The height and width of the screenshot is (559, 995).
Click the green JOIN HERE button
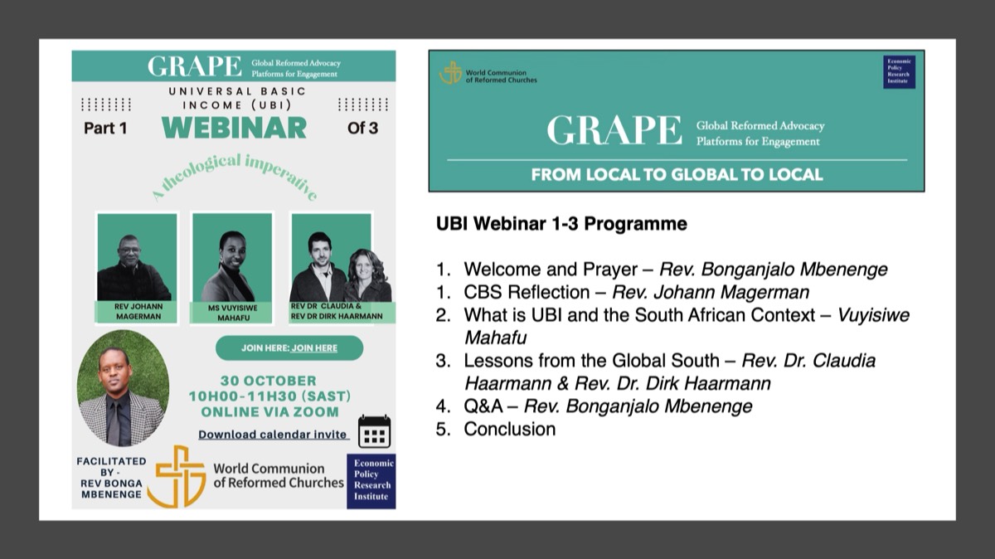tap(289, 348)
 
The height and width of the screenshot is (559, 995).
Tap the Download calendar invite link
tap(273, 434)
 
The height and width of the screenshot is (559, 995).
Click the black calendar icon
tap(375, 431)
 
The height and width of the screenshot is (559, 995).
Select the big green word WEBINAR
tap(234, 128)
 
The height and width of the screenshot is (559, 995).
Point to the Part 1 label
tap(105, 128)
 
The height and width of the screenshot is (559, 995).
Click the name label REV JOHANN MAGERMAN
tap(138, 312)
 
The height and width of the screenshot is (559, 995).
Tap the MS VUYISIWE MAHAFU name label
tap(233, 313)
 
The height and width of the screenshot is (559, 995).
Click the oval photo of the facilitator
tap(123, 388)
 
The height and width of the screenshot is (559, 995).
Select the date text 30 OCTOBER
tap(269, 381)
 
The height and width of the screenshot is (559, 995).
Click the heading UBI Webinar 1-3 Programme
tap(561, 223)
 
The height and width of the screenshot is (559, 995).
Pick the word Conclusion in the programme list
tap(509, 430)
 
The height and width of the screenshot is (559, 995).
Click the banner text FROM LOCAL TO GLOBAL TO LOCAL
tap(677, 175)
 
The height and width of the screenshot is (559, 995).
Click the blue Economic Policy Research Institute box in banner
tap(899, 72)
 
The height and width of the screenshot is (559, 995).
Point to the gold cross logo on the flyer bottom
tap(177, 476)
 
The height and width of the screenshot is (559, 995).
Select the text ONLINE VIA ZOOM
tap(269, 412)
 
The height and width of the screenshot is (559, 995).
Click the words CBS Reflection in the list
tap(527, 293)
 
